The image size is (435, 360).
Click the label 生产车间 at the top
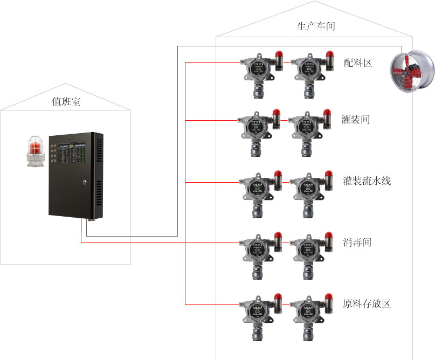(316, 26)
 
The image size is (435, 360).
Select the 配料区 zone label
(358, 63)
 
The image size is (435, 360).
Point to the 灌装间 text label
(356, 119)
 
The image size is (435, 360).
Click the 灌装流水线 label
(367, 181)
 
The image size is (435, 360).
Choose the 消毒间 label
(357, 242)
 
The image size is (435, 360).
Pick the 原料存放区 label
(367, 304)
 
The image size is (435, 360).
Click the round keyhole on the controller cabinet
(85, 183)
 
